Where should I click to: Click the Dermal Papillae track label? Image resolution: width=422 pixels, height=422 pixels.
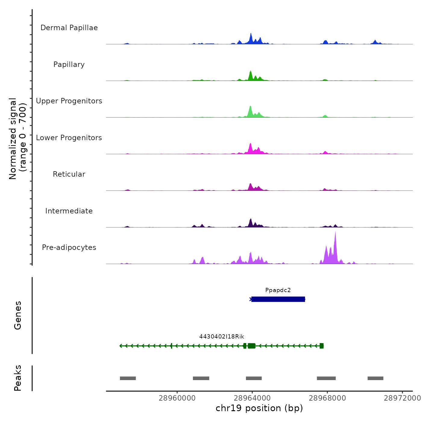pyautogui.click(x=69, y=28)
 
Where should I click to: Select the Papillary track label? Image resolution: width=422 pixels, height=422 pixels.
pyautogui.click(x=69, y=65)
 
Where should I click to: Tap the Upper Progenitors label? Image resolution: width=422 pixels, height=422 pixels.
pyautogui.click(x=69, y=101)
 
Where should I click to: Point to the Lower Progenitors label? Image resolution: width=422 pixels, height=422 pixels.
pyautogui.click(x=69, y=138)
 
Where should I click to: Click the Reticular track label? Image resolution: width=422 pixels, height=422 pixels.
pyautogui.click(x=69, y=174)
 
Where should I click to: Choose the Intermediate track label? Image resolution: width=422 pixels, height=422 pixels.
pyautogui.click(x=69, y=211)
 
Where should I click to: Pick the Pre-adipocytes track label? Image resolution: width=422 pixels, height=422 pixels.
pyautogui.click(x=69, y=247)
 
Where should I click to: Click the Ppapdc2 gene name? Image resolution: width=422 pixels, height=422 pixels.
pyautogui.click(x=278, y=290)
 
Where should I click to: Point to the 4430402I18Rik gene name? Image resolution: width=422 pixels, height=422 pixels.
pyautogui.click(x=222, y=337)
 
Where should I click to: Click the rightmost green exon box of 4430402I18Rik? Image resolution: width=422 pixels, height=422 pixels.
pyautogui.click(x=322, y=346)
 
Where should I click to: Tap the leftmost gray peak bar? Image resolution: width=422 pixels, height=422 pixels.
pyautogui.click(x=128, y=378)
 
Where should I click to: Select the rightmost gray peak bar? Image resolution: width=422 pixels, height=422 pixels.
pyautogui.click(x=375, y=378)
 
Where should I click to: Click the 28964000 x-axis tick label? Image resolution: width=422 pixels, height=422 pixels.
pyautogui.click(x=252, y=398)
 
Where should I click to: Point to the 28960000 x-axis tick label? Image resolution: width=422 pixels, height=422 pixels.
pyautogui.click(x=177, y=398)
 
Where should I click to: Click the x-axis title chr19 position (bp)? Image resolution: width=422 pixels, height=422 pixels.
pyautogui.click(x=259, y=408)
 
